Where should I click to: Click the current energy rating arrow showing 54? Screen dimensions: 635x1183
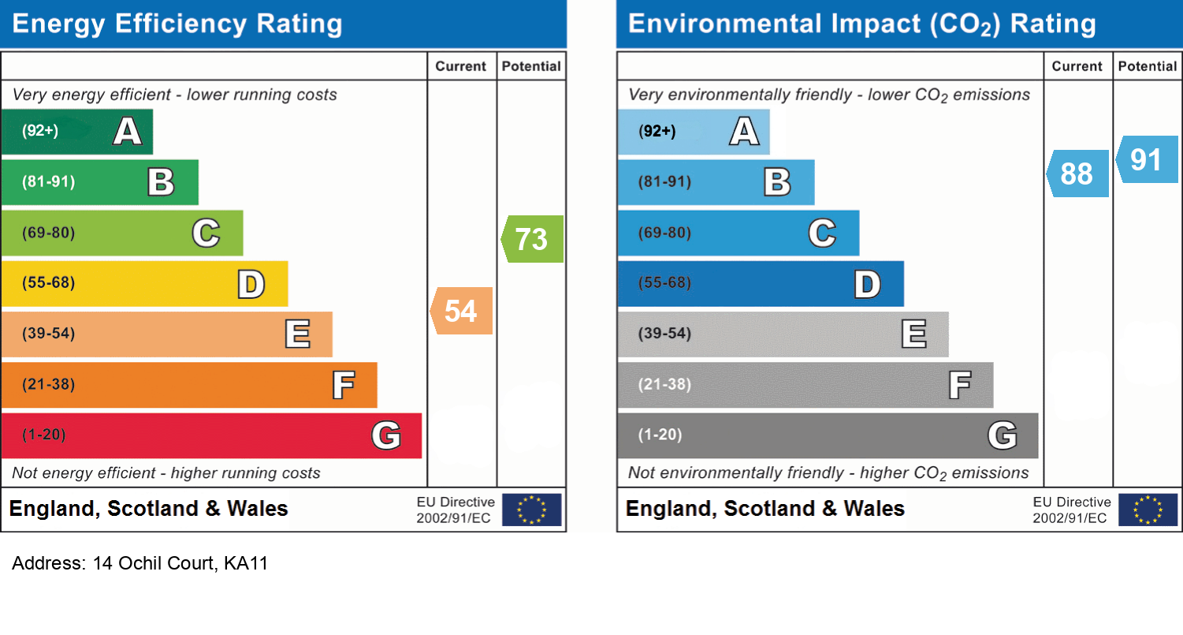point(462,311)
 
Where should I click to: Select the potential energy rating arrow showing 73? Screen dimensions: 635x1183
point(533,239)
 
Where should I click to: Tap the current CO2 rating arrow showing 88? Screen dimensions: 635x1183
point(1077,174)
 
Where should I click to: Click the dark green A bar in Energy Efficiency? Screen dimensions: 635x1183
point(76,132)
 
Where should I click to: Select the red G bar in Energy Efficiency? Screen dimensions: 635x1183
point(211,435)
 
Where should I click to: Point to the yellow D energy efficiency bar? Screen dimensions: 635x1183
point(144,284)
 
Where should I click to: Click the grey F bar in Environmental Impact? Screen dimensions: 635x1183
point(805,385)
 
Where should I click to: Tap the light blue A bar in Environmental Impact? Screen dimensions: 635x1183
point(693,132)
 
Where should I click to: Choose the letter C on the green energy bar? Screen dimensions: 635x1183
point(206,233)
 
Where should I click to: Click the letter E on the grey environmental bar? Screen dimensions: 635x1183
point(913,334)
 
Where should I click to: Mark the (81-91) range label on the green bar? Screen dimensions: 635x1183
point(48,182)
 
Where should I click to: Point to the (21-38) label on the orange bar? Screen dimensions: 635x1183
point(48,385)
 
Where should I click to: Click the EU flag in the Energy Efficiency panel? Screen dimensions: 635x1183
point(531,510)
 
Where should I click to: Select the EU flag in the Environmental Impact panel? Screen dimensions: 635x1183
point(1148,510)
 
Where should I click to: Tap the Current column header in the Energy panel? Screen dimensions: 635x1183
point(461,67)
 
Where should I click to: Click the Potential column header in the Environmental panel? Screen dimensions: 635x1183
point(1148,67)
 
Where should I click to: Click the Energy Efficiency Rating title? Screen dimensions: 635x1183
point(177,24)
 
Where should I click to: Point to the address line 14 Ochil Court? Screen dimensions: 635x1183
point(140,564)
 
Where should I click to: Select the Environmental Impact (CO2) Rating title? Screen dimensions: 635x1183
point(861,24)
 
